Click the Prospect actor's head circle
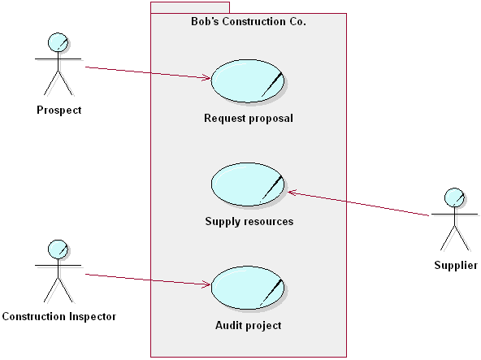[57, 42]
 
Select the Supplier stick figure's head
[455, 197]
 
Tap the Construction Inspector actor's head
[57, 249]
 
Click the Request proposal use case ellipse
[247, 80]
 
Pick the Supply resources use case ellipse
[248, 184]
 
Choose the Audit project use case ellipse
[248, 288]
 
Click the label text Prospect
[59, 110]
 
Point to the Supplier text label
[456, 265]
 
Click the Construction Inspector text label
[59, 316]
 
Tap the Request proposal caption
[249, 118]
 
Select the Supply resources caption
[249, 221]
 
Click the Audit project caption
[249, 325]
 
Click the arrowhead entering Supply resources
[292, 193]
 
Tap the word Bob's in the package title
[193, 23]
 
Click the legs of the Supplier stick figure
[455, 238]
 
